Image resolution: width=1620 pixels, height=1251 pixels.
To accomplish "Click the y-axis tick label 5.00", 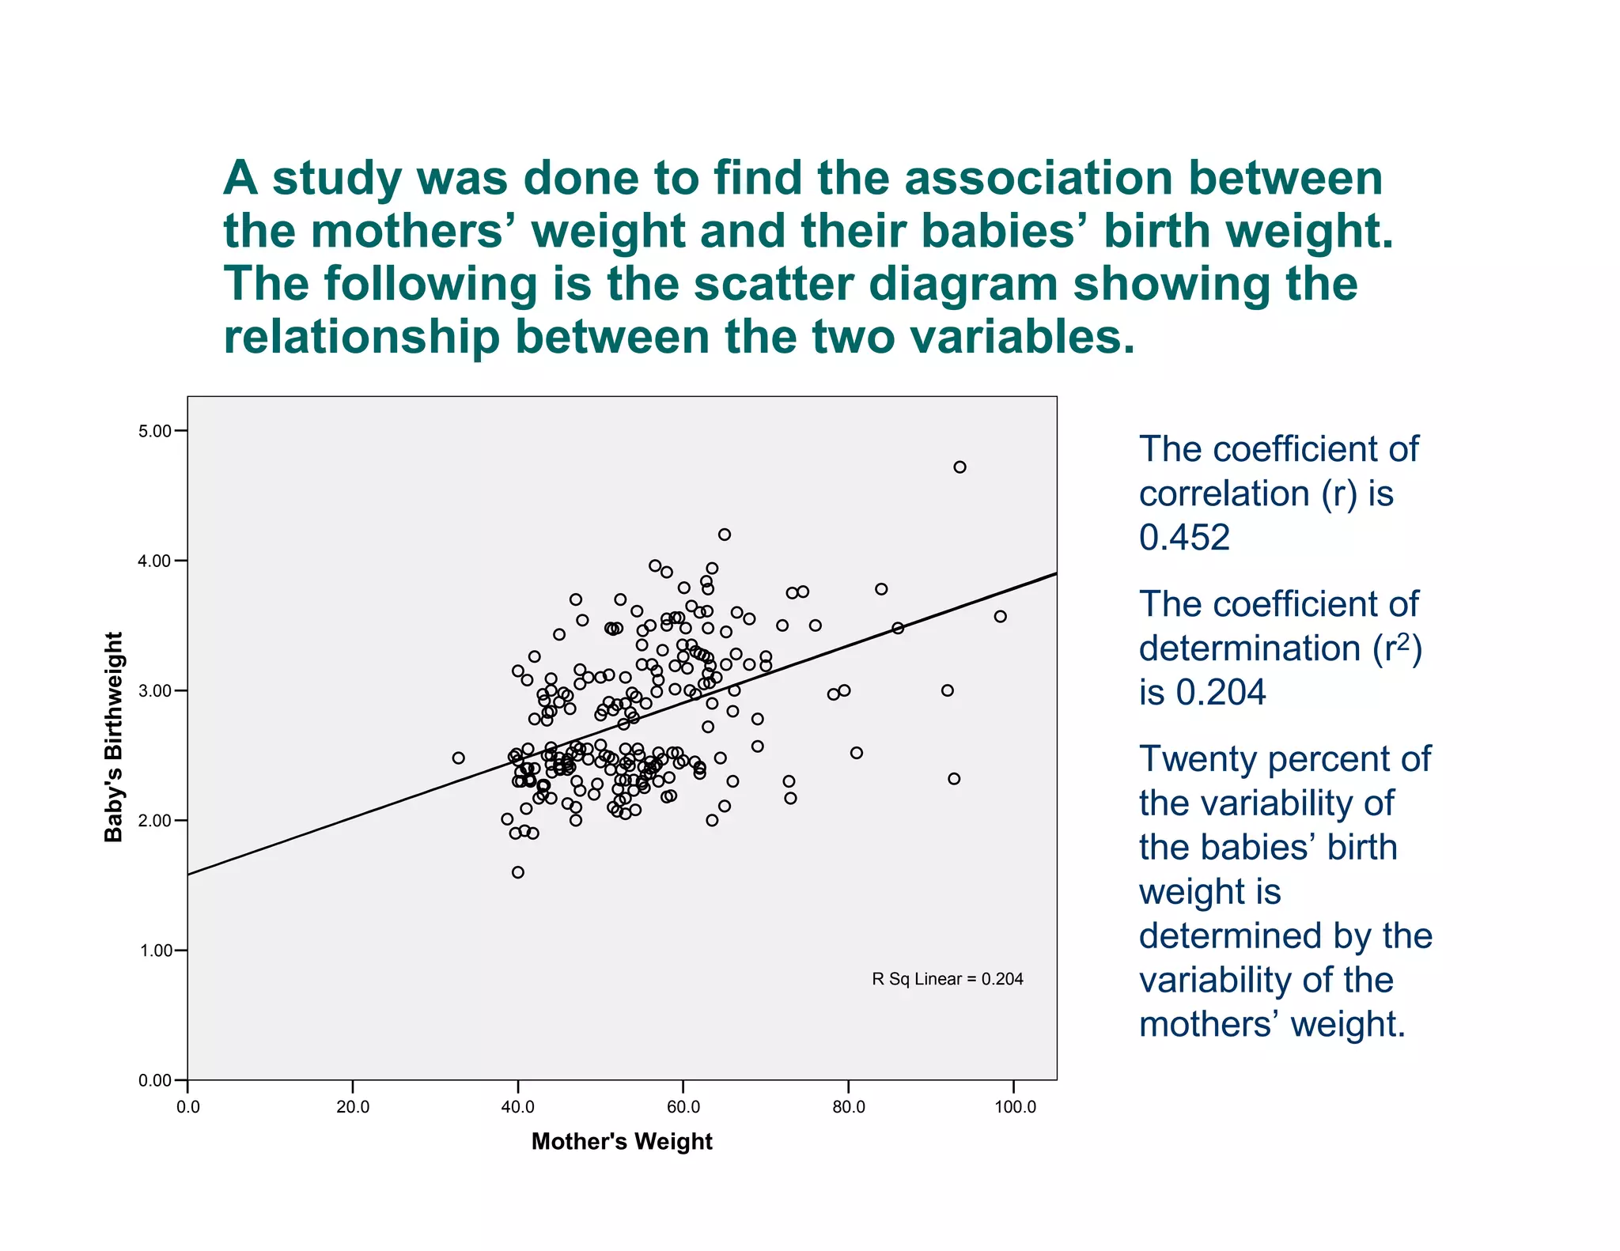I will coord(155,431).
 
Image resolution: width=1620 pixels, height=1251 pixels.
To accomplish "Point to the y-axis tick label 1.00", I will coord(155,951).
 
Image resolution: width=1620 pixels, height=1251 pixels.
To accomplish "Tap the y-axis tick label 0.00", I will coord(155,1080).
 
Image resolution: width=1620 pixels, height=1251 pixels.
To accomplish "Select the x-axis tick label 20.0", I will coord(353,1107).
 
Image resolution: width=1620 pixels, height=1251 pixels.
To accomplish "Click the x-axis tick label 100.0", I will coord(1015,1107).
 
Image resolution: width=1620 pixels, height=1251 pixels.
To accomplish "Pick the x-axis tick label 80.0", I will coord(849,1107).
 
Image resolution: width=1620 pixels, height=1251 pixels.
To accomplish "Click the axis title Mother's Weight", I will coord(622,1141).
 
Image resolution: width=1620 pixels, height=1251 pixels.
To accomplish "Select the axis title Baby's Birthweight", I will coord(115,737).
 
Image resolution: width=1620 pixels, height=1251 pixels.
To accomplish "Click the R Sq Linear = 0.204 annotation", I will coord(947,979).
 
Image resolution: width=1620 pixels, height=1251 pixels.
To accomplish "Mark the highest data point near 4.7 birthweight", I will coord(960,467).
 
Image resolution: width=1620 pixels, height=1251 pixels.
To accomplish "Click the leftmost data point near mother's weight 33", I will coord(458,758).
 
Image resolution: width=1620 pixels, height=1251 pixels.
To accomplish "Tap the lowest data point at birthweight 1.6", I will coord(518,872).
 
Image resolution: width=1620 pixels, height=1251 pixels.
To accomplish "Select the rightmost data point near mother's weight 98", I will coord(1000,616).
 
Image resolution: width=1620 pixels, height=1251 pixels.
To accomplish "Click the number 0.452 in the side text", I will coord(1184,538).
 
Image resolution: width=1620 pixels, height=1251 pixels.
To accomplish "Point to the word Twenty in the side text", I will coord(1198,759).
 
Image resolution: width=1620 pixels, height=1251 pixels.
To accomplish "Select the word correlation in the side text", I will coord(1224,494).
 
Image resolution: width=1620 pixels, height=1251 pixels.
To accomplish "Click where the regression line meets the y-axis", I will coord(188,875).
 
